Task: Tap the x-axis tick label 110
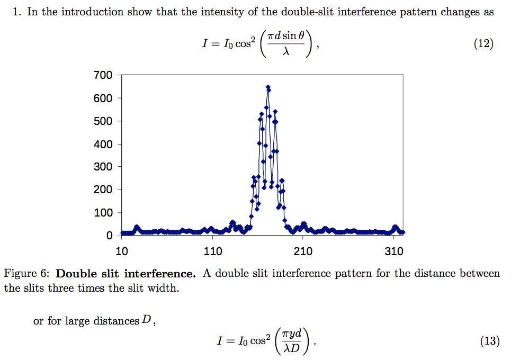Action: coord(212,251)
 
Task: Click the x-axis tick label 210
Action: coord(303,251)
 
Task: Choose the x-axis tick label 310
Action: coord(394,251)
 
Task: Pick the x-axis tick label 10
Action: coord(122,251)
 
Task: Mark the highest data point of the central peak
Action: coord(268,87)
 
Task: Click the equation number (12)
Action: coord(483,44)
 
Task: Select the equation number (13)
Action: coord(490,341)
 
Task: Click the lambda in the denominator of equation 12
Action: coord(286,51)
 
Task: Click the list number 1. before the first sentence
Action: coord(17,12)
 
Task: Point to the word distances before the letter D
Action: coord(113,321)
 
